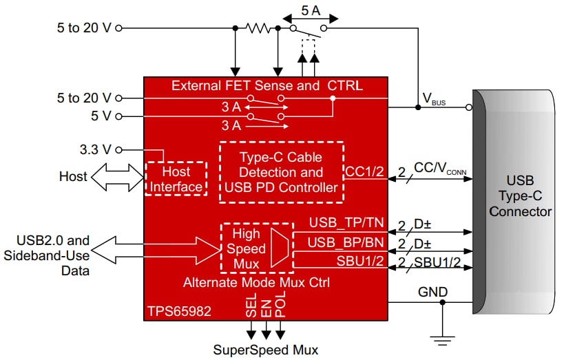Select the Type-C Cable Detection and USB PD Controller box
[x=281, y=172]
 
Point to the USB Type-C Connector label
[x=520, y=196]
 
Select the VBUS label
[x=433, y=102]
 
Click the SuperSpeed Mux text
[x=266, y=349]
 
